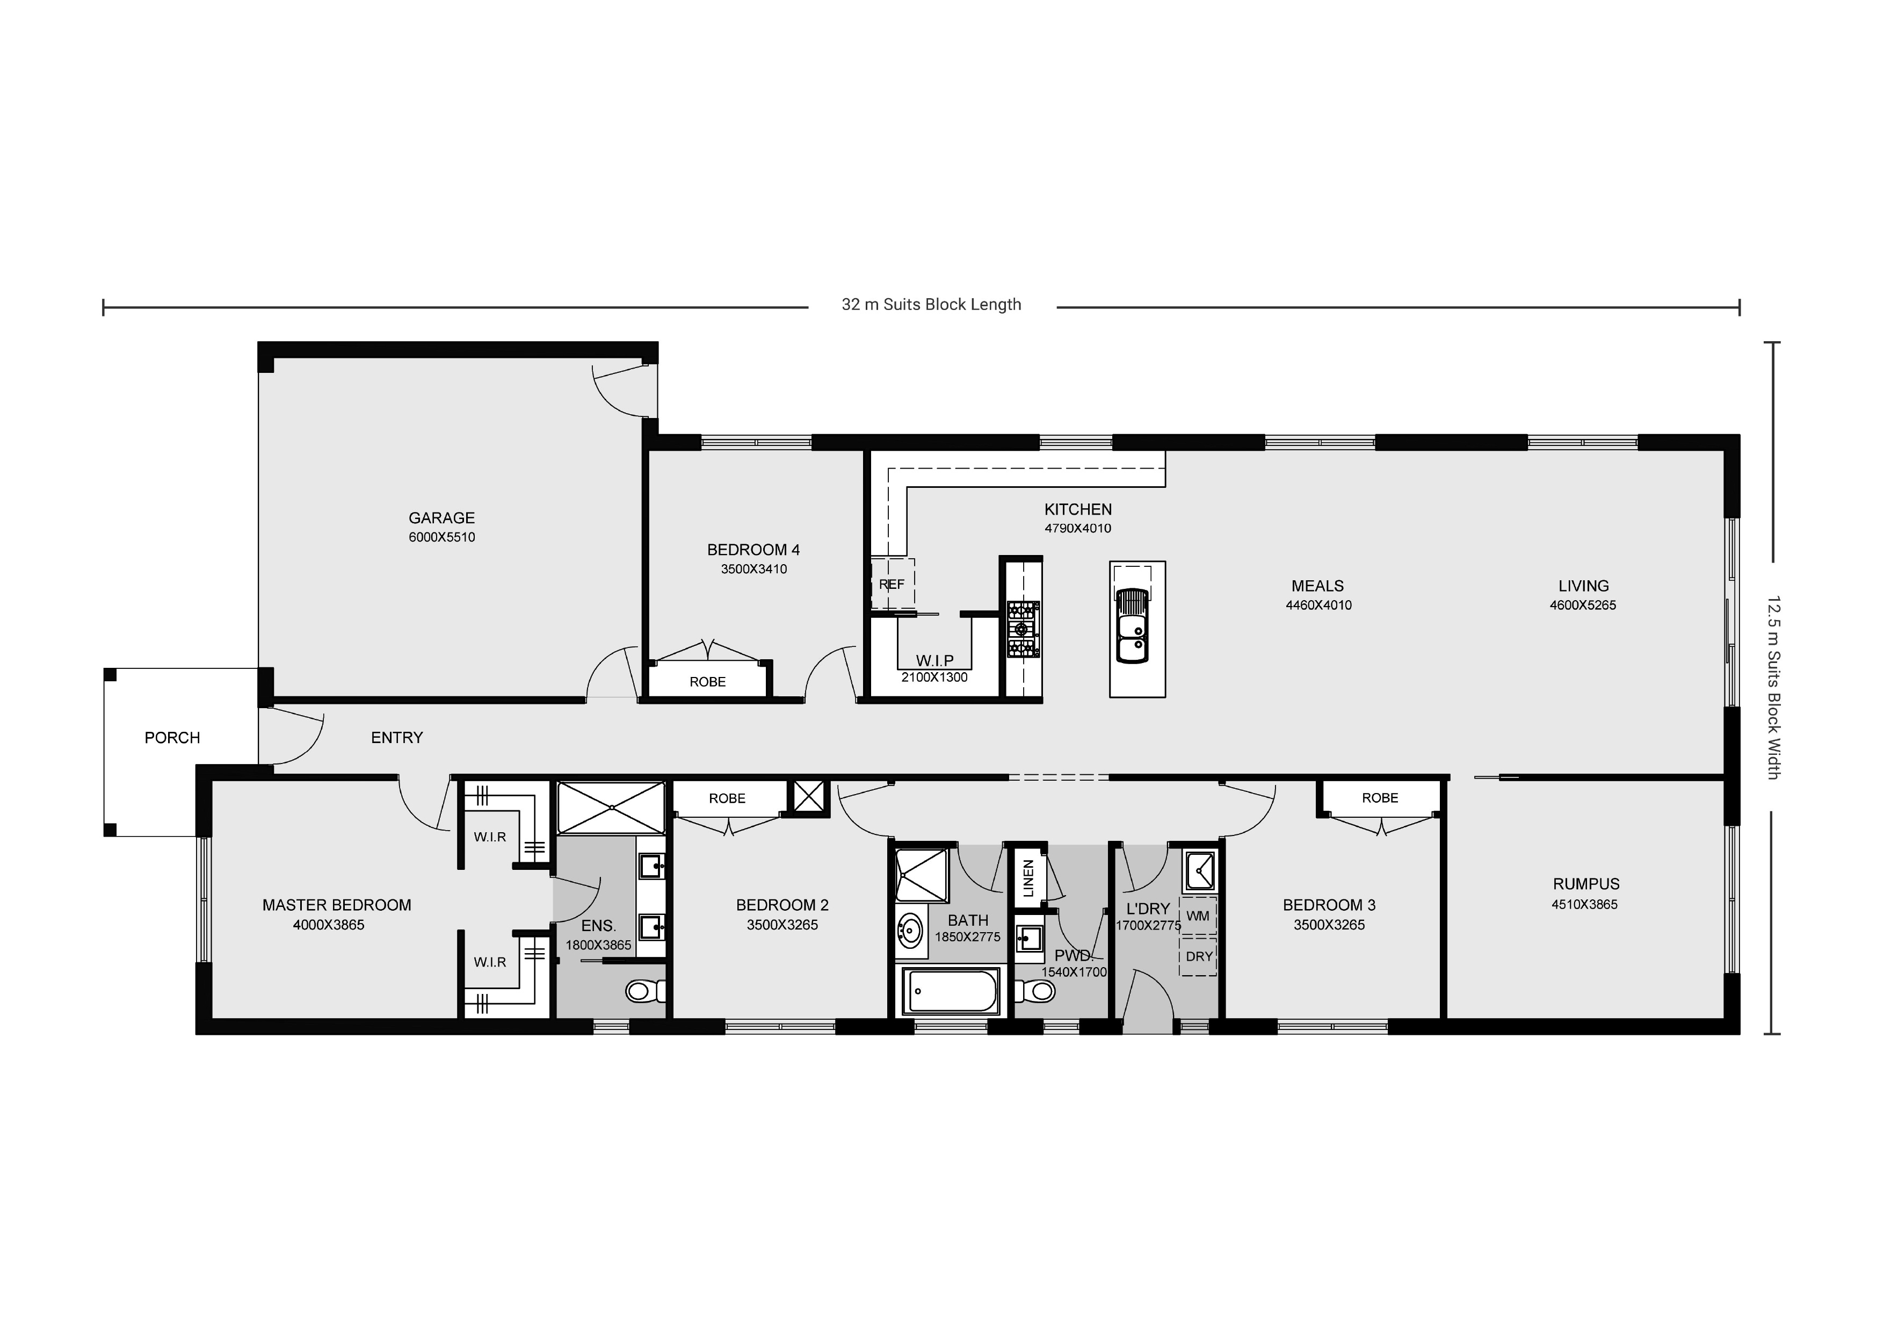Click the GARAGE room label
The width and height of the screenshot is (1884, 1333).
[441, 518]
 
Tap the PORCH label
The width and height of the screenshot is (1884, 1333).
[172, 738]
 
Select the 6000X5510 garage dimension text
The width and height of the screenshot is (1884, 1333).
[441, 538]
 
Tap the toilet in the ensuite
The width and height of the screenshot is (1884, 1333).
[644, 991]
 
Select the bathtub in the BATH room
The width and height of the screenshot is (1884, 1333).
[950, 991]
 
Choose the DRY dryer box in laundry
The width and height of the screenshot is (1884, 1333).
[1198, 957]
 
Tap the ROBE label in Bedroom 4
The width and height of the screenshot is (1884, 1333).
[707, 682]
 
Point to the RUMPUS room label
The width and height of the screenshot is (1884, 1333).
[1585, 884]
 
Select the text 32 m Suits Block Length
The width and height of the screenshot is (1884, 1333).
[931, 305]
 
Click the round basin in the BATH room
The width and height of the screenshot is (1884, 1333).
[909, 931]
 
